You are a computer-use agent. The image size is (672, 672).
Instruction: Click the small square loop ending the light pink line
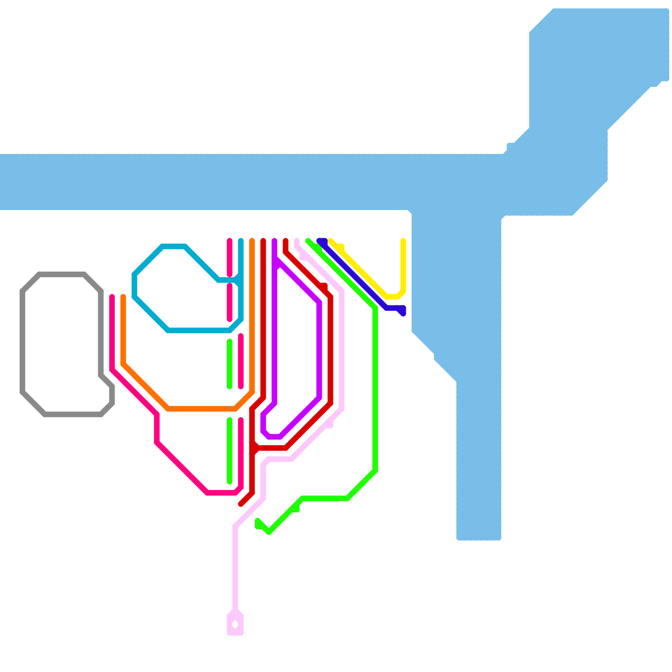(x=235, y=625)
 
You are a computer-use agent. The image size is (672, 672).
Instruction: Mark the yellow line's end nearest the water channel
(x=403, y=241)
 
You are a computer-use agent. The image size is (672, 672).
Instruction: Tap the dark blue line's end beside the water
(x=403, y=312)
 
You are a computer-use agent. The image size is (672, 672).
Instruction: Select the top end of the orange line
(x=252, y=241)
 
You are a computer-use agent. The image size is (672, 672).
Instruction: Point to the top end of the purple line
(x=274, y=241)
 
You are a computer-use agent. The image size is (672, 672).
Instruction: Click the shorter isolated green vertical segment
(x=230, y=364)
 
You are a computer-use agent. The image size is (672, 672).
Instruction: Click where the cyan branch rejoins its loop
(x=239, y=279)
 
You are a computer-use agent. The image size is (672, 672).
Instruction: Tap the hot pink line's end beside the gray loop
(x=112, y=297)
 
